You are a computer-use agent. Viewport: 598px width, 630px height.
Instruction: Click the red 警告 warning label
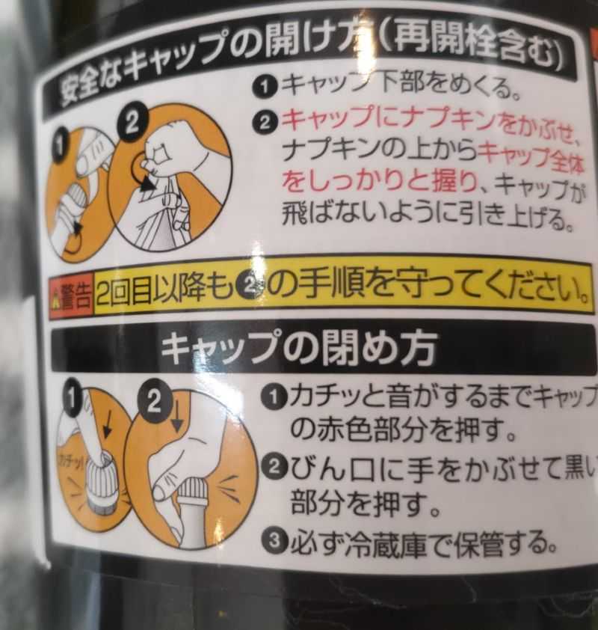coord(72,296)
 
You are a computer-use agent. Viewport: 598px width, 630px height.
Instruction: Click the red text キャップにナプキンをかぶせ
coord(429,122)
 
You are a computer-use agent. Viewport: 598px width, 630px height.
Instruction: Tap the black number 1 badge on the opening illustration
coord(59,145)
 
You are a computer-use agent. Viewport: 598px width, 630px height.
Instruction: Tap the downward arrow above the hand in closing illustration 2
coord(176,414)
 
